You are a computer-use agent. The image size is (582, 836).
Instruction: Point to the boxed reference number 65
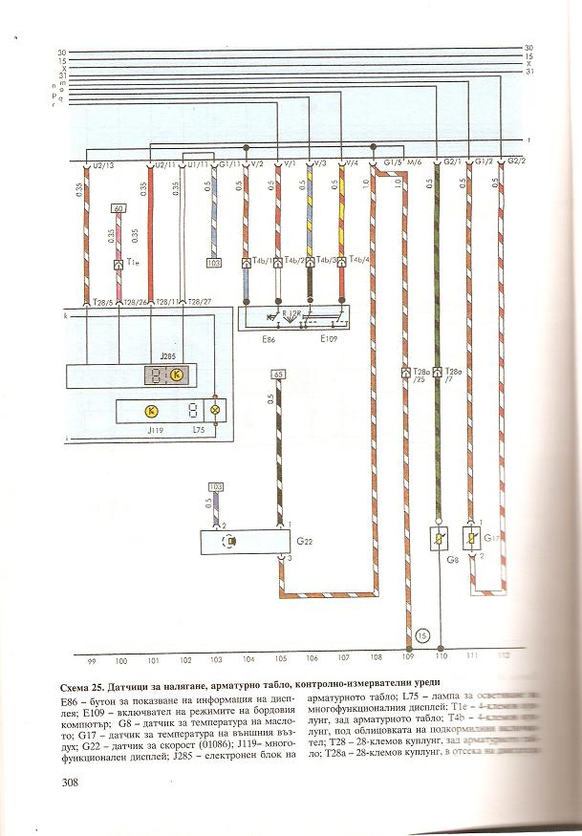tap(279, 374)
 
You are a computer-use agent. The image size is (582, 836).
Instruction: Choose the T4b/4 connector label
tap(359, 260)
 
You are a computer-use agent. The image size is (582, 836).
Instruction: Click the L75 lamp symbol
tap(215, 411)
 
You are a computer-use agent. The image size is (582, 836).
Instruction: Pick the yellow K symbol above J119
tap(150, 411)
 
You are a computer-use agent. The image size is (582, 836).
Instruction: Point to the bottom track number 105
tap(280, 659)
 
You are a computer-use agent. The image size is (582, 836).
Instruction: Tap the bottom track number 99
tap(93, 659)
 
